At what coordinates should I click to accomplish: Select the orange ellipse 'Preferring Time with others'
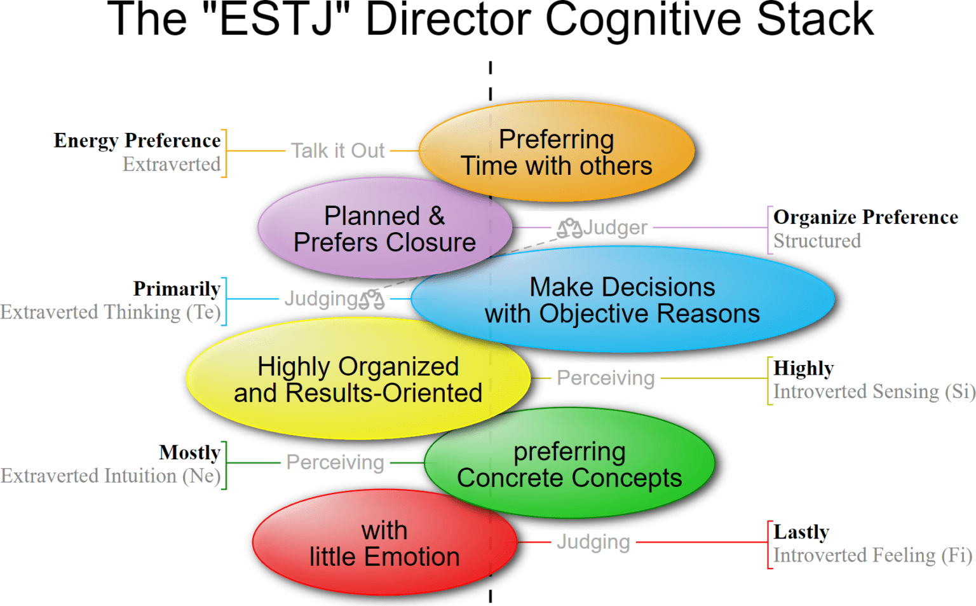click(x=557, y=152)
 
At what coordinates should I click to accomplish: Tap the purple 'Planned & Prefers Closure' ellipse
click(x=384, y=229)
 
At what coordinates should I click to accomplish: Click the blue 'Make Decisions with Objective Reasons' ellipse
click(x=622, y=300)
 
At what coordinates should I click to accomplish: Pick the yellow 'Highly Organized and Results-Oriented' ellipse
click(x=358, y=380)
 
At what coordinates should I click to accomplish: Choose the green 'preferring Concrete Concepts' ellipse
click(x=569, y=465)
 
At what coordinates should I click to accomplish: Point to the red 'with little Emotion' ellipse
click(x=384, y=544)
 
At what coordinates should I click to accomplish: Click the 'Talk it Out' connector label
click(x=337, y=151)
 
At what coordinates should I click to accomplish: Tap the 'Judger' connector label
click(x=615, y=228)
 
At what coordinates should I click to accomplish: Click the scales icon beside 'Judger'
click(x=569, y=228)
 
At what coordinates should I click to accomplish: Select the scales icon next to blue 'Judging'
click(x=372, y=299)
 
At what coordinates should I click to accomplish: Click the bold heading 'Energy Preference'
click(x=137, y=141)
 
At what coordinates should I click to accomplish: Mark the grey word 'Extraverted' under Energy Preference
click(x=172, y=165)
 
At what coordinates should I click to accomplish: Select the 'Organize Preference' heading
click(x=865, y=217)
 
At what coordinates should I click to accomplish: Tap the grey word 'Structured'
click(x=817, y=242)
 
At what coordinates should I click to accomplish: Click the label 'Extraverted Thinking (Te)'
click(x=111, y=313)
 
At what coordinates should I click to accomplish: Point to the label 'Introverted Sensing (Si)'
click(x=874, y=392)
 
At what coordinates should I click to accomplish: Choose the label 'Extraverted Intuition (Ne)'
click(x=111, y=476)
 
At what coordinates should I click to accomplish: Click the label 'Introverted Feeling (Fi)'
click(x=872, y=556)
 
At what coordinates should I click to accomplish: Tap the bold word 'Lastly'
click(x=801, y=532)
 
